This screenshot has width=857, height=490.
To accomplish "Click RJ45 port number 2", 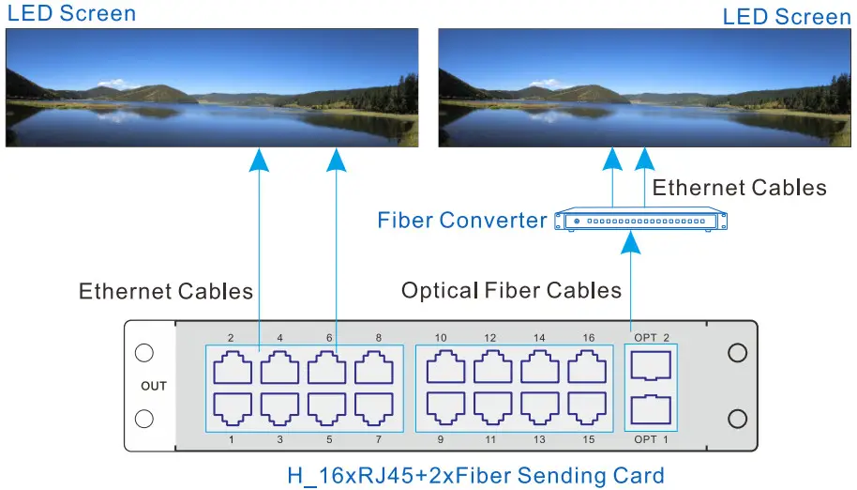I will (233, 367).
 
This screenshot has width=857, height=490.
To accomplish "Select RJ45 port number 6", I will (326, 367).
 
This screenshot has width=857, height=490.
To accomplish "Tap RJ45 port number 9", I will (443, 407).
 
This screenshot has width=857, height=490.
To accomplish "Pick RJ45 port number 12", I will (490, 367).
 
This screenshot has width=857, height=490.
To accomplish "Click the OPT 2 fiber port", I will (651, 364).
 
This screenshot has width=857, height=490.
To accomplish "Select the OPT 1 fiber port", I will (651, 410).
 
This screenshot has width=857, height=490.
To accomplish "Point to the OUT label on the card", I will (154, 386).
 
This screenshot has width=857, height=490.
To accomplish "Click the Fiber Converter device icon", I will (641, 221).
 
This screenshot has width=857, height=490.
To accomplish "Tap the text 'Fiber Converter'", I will (461, 221).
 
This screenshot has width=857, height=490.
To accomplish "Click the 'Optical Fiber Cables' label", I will (511, 290).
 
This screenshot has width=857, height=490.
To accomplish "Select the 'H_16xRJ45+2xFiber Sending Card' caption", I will (475, 475).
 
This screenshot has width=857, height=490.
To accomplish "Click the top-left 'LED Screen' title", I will (71, 14).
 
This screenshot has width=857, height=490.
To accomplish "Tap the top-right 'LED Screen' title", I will (787, 17).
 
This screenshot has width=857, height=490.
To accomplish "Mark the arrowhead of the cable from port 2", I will (259, 161).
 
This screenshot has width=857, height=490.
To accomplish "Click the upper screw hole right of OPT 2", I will (738, 353).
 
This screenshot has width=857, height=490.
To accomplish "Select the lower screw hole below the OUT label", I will (144, 419).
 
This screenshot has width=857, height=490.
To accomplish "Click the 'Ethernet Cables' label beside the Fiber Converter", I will (739, 188).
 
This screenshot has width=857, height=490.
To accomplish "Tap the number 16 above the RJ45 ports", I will (588, 337).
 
